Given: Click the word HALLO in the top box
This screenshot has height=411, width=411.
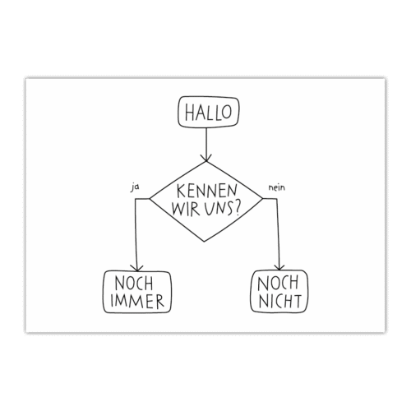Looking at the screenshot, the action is pos(208,112).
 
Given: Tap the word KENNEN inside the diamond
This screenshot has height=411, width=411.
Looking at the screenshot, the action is pos(206,191).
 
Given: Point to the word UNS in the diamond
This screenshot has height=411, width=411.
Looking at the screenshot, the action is pos(217,210).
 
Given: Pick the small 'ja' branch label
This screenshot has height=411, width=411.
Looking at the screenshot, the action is pos(134,187).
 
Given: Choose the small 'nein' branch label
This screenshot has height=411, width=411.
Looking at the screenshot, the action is pos(277,187).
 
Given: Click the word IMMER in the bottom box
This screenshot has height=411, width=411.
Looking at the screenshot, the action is pos(137,301).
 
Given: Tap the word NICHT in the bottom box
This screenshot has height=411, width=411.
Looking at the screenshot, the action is pos(279,301).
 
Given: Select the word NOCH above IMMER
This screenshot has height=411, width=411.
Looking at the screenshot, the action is pos(134,284).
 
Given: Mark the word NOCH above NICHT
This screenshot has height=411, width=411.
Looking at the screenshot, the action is pos(278,283).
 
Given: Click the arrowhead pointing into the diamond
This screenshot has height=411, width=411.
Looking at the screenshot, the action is pos(206,158).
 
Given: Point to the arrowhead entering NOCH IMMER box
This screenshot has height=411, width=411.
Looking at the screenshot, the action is pos(136,267).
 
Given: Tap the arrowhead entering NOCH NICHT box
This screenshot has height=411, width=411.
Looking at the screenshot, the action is pos(279,266).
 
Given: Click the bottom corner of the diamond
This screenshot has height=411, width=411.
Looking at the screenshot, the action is pos(204,242).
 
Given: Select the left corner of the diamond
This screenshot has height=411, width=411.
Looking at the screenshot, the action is pos(150,198).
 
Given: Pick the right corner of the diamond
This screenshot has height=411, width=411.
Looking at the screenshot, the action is pos(262,198).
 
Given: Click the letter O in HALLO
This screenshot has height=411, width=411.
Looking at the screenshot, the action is pos(227,113).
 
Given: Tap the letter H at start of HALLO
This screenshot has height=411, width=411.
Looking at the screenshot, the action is pos(190,113).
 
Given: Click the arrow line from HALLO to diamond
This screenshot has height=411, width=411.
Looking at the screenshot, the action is pos(206,144).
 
